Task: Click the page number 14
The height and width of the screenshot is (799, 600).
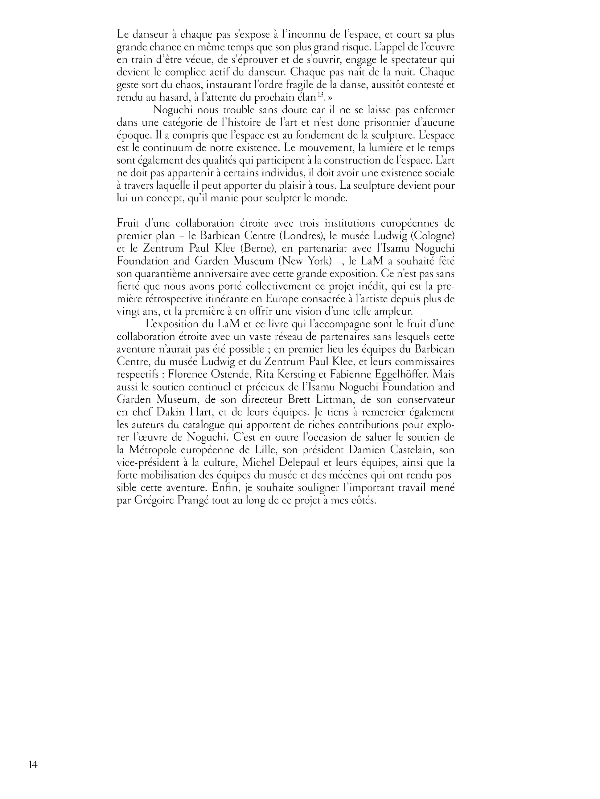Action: coord(33,765)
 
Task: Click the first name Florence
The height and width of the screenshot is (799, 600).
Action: coord(192,374)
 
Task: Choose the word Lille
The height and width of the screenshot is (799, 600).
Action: coord(265,450)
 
